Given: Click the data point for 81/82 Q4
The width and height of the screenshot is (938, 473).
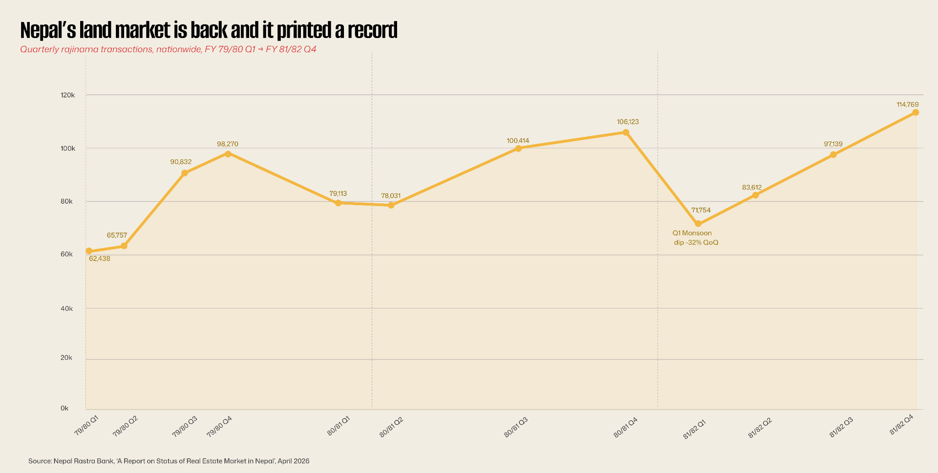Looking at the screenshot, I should pos(916,112).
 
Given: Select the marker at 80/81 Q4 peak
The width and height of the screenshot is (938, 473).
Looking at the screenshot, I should pos(626,132).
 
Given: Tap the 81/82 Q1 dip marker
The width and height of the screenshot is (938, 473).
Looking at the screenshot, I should pos(698,224).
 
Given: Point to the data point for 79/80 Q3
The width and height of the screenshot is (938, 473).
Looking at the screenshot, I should pos(185,173).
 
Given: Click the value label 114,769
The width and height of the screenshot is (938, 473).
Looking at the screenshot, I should pos(908,105).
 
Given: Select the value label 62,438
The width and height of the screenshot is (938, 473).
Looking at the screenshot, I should pos(100,258).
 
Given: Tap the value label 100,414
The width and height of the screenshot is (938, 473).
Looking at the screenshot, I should pos(518,141).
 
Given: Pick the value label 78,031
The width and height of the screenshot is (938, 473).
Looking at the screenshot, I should pos(391,196).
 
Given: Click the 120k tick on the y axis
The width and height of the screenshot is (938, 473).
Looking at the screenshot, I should pos(67,95).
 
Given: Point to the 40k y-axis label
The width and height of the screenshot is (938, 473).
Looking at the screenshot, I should pos(66,308).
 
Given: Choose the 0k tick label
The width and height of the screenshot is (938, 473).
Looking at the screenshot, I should pos(64,408).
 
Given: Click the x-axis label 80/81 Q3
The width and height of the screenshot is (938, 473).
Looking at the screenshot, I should pos(516,427).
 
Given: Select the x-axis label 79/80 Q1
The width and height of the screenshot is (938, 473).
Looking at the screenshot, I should pos(86,426).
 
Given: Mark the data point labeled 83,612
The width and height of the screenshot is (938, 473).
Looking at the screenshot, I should pos(755,195).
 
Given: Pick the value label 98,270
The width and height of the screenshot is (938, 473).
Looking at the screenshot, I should pos(228,144).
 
